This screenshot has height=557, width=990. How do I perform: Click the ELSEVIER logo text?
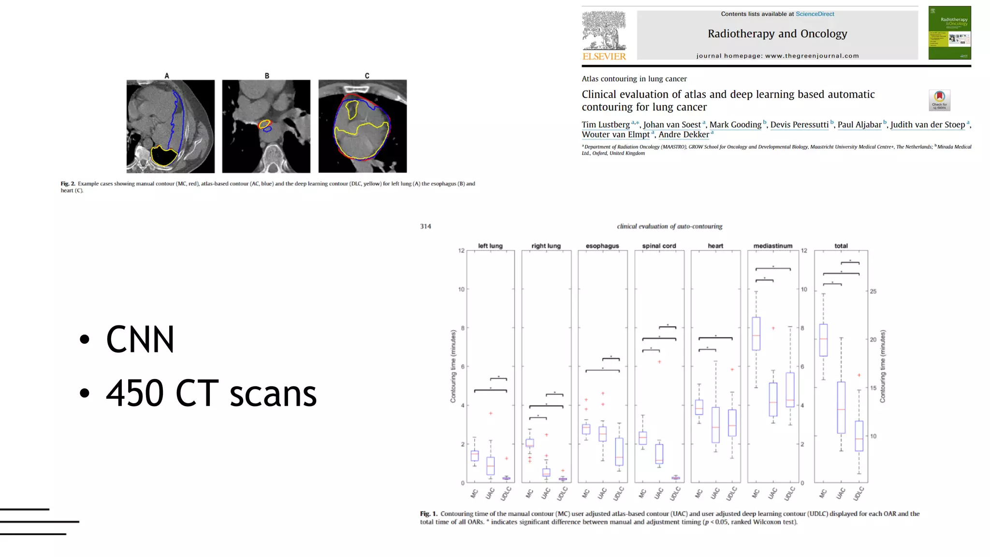(604, 57)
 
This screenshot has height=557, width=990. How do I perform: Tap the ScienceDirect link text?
(815, 14)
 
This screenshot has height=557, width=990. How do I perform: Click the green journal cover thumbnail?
(949, 33)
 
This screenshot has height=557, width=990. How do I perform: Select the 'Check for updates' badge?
(939, 100)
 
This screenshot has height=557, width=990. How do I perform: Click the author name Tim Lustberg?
(606, 125)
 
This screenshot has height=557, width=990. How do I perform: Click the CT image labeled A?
(171, 126)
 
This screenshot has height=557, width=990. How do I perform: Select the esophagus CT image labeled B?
(266, 126)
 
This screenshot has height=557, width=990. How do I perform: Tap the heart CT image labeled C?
(363, 126)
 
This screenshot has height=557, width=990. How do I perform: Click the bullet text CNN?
(140, 339)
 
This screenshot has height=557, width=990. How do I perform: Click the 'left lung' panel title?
(490, 246)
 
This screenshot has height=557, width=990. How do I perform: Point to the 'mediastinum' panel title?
(772, 246)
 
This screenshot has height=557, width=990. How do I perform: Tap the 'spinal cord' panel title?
(659, 246)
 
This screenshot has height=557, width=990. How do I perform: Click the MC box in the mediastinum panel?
(756, 334)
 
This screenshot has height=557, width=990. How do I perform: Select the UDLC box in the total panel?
(859, 436)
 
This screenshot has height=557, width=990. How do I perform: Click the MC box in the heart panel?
(699, 407)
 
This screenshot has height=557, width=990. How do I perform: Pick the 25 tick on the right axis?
(873, 292)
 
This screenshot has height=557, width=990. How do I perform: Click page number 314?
(425, 226)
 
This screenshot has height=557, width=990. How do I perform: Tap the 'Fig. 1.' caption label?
(428, 514)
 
